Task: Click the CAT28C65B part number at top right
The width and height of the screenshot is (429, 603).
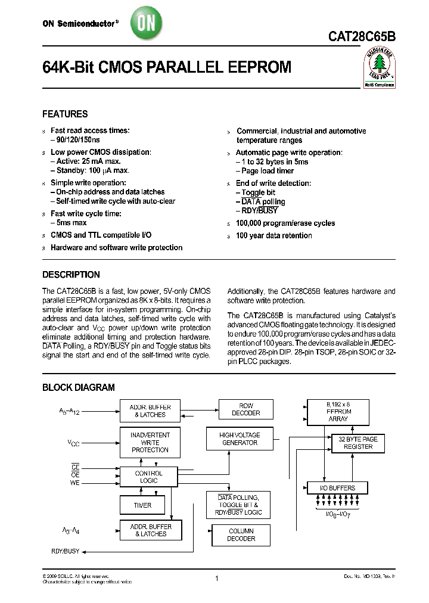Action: click(x=361, y=36)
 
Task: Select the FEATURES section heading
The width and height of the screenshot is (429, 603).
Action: click(x=65, y=114)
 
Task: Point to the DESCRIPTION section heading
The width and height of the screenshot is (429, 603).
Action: click(x=71, y=275)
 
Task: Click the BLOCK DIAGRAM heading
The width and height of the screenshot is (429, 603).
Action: click(x=78, y=387)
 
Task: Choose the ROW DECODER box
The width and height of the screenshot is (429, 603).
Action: click(x=245, y=410)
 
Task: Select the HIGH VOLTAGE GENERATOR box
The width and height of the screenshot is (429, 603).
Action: click(x=238, y=439)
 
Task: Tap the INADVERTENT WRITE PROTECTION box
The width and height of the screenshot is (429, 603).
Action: click(x=150, y=442)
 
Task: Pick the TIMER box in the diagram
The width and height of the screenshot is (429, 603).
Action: click(x=142, y=505)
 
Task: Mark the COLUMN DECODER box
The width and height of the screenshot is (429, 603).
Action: click(x=241, y=534)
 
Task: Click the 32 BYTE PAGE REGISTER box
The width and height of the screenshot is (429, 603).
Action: click(x=358, y=443)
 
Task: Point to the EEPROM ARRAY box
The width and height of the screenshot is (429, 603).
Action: click(x=339, y=411)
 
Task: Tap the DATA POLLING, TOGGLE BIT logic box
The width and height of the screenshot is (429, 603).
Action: click(x=238, y=505)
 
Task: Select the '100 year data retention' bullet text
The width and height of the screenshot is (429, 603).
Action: click(x=273, y=235)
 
